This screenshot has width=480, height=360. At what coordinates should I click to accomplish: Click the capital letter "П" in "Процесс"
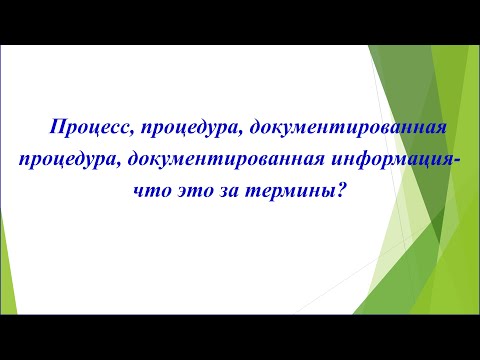coord(54,126)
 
